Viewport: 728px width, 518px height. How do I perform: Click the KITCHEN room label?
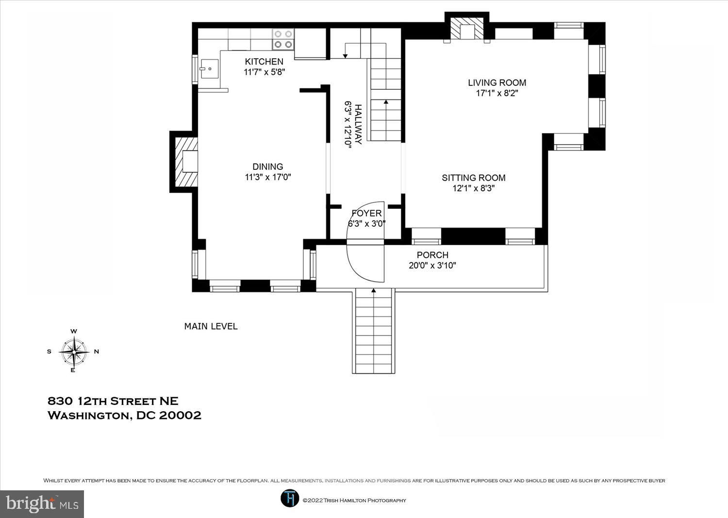(x=264, y=62)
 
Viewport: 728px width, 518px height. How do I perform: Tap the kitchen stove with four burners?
(x=283, y=39)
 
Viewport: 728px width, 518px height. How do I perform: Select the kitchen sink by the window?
(x=209, y=68)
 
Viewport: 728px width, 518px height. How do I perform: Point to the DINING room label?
(x=268, y=167)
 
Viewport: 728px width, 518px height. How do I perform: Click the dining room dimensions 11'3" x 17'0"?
(x=268, y=177)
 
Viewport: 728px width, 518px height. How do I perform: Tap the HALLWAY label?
(x=358, y=124)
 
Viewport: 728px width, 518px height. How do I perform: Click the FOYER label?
(x=366, y=213)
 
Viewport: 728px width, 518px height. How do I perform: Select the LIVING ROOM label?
(x=497, y=83)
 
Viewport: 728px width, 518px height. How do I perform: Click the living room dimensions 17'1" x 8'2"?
(x=497, y=93)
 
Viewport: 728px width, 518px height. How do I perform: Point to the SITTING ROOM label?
(x=474, y=178)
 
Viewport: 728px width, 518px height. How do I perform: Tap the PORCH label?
(x=432, y=255)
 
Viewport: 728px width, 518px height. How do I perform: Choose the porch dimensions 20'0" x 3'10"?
(x=432, y=266)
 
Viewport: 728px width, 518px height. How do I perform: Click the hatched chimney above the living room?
(x=467, y=28)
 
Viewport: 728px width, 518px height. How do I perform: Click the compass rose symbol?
(x=74, y=352)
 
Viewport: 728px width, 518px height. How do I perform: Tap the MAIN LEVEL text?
(x=211, y=326)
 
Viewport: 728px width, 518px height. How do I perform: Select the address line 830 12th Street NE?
(x=113, y=401)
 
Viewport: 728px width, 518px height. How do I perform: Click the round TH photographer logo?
(x=290, y=498)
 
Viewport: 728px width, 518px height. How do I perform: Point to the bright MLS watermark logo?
(x=42, y=504)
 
